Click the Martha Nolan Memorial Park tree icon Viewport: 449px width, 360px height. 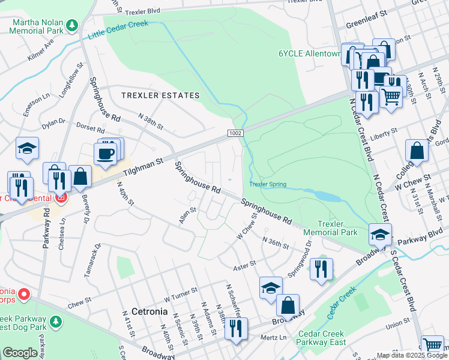tap(72, 25)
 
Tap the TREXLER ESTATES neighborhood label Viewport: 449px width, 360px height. tap(160, 95)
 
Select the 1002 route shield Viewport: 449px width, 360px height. tap(235, 132)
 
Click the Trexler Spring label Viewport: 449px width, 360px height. tap(268, 184)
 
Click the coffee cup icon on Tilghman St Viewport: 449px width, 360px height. tap(105, 153)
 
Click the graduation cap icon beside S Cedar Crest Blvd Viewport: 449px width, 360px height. tap(380, 234)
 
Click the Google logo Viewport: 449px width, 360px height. tap(20, 353)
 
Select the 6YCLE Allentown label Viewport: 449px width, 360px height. tap(308, 53)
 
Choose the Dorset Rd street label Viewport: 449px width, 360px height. tap(91, 128)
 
